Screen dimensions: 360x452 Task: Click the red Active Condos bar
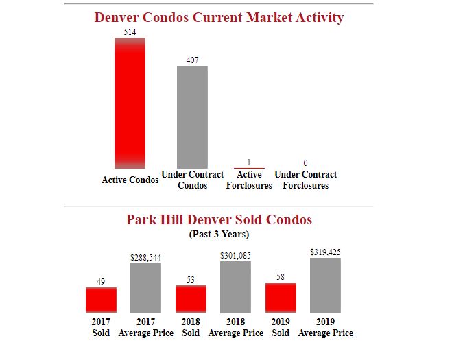130,103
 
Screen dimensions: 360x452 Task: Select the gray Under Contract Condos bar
192,117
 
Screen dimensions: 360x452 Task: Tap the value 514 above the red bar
130,32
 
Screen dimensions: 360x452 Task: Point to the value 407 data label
192,60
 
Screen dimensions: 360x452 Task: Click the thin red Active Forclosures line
249,168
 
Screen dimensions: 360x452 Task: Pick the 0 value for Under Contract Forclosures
305,163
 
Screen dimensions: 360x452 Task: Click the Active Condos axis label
130,180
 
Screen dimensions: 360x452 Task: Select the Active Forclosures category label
249,180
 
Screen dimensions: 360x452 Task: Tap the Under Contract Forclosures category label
305,180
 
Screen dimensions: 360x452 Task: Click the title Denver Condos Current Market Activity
219,17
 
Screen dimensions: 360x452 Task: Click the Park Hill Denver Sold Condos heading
219,219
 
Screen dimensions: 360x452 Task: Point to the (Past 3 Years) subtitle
219,235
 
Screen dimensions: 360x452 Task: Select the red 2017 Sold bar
101,300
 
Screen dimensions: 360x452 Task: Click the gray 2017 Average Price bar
145,288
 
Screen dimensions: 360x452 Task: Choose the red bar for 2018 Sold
191,298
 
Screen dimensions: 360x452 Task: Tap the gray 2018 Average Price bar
235,287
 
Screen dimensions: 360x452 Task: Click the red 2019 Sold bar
281,297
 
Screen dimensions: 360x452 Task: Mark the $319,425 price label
325,252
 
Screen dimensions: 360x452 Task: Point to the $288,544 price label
145,258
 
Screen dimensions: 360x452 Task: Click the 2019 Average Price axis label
326,327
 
